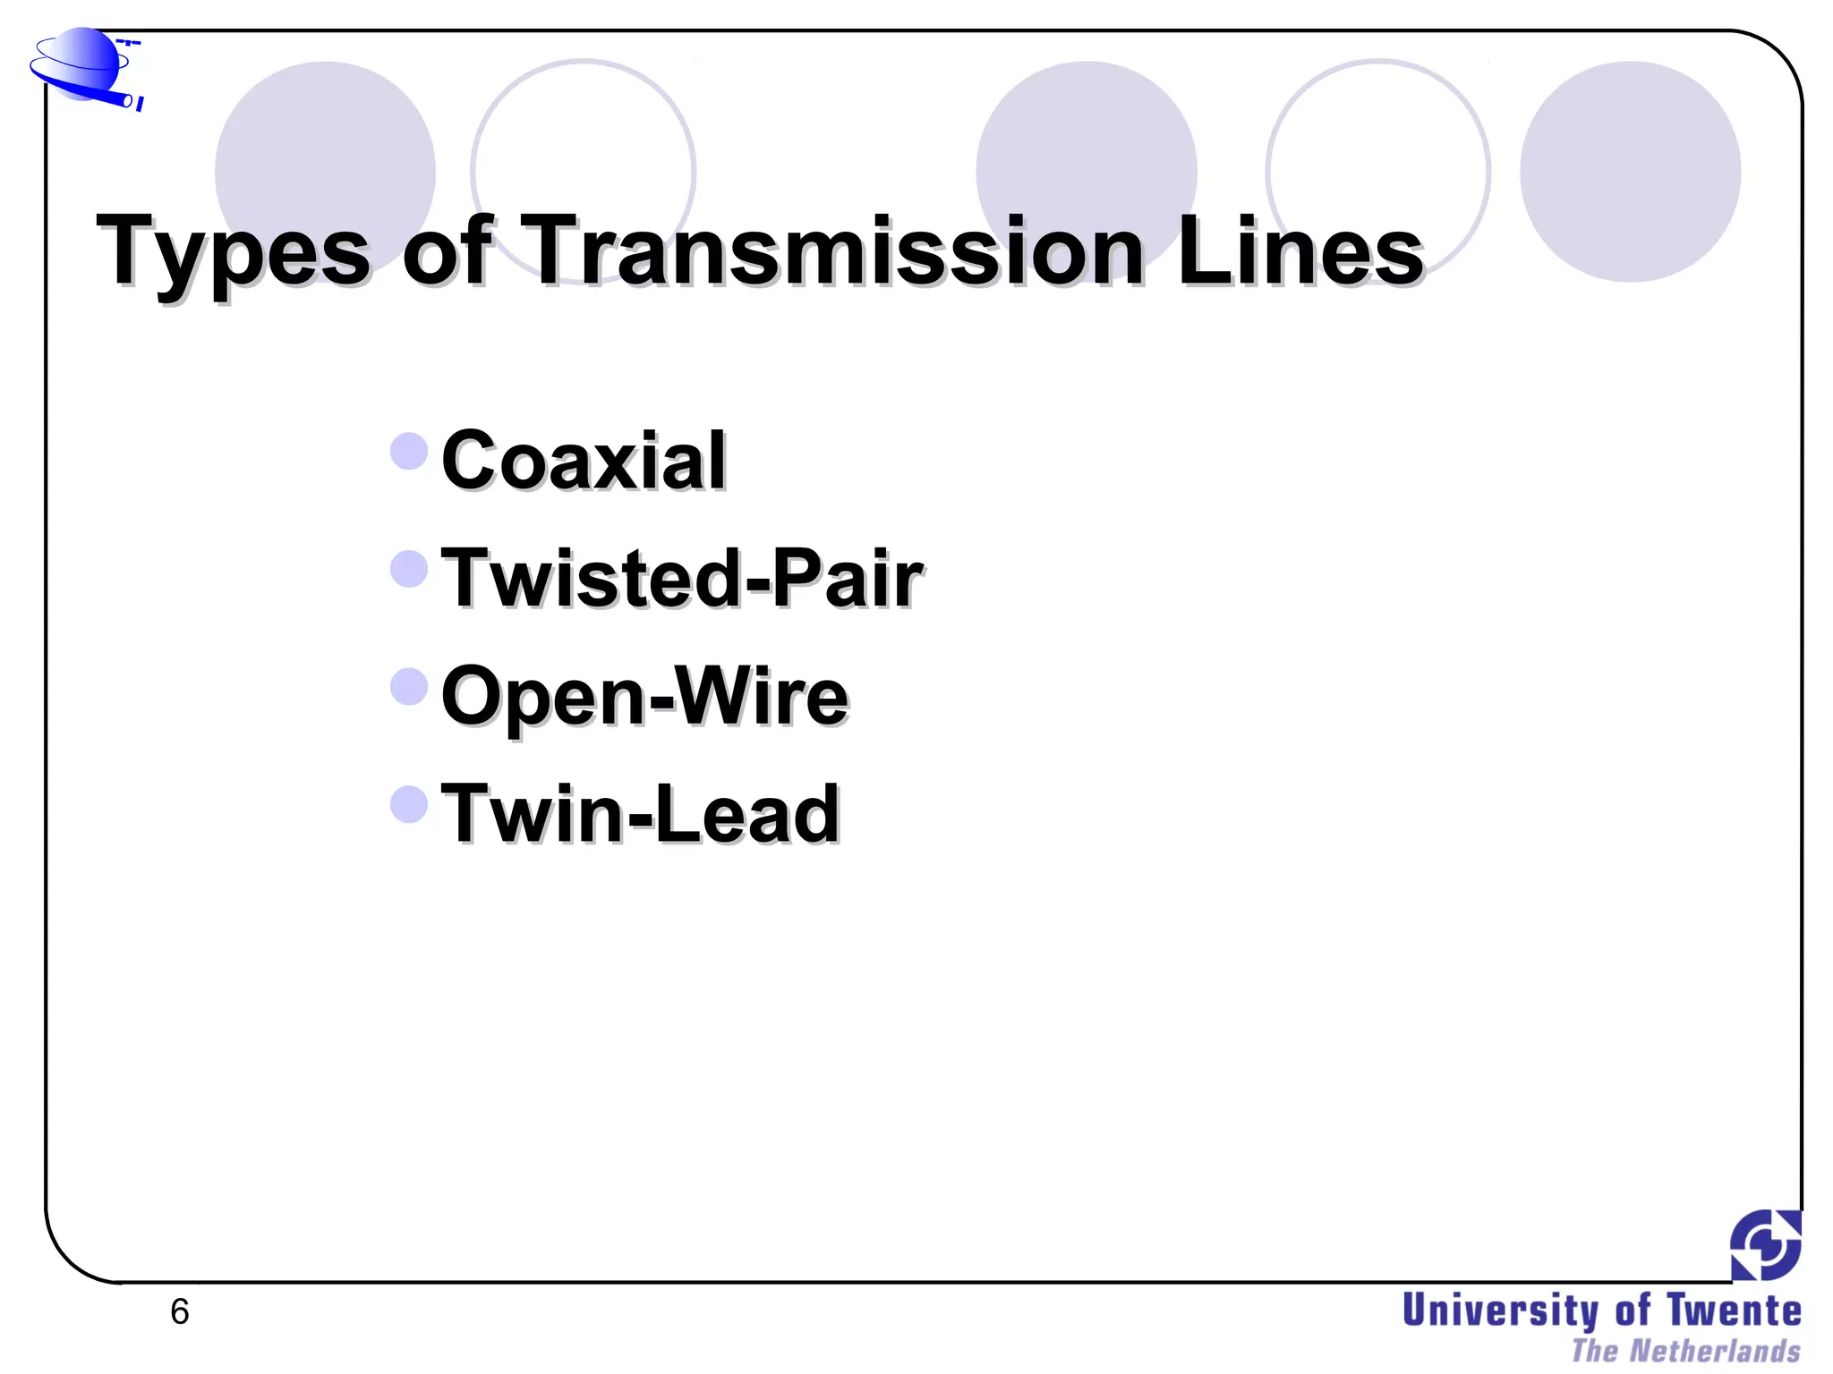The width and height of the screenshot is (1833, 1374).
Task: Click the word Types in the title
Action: pyautogui.click(x=233, y=251)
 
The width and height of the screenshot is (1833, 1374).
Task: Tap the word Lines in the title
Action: pyautogui.click(x=1300, y=251)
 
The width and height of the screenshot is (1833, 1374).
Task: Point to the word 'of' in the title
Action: pyautogui.click(x=448, y=251)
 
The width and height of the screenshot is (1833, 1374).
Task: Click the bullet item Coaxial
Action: pyautogui.click(x=584, y=461)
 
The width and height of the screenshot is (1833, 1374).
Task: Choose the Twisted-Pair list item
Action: pyautogui.click(x=682, y=579)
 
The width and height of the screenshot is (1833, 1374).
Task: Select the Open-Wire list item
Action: pyautogui.click(x=644, y=697)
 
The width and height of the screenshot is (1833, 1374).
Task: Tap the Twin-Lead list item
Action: pyautogui.click(x=641, y=814)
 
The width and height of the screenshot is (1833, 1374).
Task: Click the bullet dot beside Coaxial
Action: pyautogui.click(x=410, y=451)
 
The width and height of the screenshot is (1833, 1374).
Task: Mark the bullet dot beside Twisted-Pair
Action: pyautogui.click(x=410, y=569)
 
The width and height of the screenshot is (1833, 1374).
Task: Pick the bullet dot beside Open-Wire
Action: pyautogui.click(x=410, y=687)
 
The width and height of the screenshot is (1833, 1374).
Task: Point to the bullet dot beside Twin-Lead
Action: pyautogui.click(x=410, y=804)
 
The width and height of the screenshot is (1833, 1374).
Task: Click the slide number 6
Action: pyautogui.click(x=180, y=1312)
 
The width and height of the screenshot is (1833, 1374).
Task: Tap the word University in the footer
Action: pyautogui.click(x=1501, y=1311)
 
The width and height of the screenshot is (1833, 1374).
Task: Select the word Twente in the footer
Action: pyautogui.click(x=1734, y=1311)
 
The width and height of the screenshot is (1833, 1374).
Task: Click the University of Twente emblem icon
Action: pyautogui.click(x=1765, y=1244)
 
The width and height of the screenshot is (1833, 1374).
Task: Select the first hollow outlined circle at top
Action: pyautogui.click(x=584, y=171)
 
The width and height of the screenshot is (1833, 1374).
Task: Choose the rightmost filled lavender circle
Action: pyautogui.click(x=1630, y=171)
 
